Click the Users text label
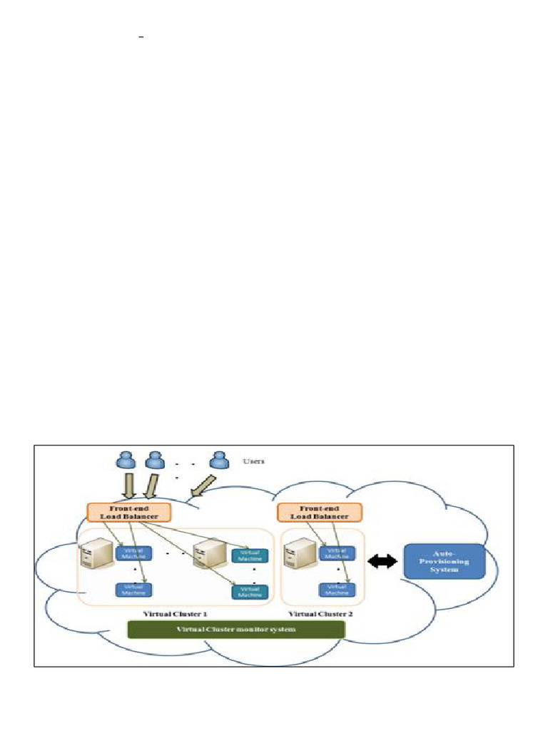coord(253,462)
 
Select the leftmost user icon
coord(125,460)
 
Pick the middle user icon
coord(154,460)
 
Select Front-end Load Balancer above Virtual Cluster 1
coord(128,512)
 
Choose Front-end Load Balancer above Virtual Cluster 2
coord(319,512)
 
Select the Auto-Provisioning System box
coord(445,561)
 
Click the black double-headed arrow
coord(382,562)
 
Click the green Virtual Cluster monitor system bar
coord(235,629)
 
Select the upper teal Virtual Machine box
coord(250,555)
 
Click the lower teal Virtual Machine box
coord(250,592)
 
